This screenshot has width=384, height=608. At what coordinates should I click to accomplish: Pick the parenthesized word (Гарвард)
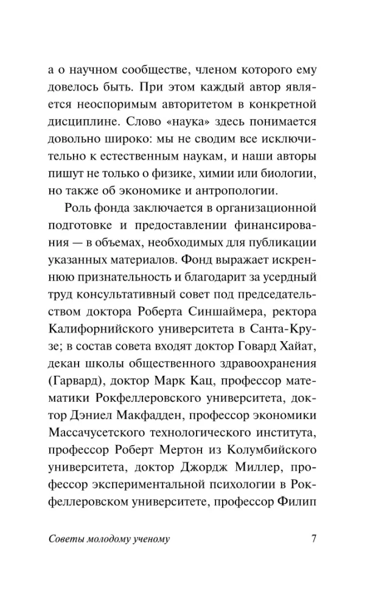[x=75, y=382]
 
